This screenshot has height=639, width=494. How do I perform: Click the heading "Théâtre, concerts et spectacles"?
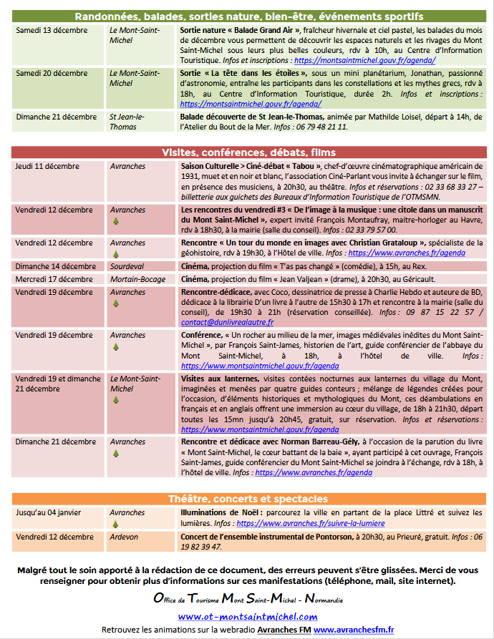pyautogui.click(x=247, y=499)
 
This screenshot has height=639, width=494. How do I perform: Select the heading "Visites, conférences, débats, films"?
pyautogui.click(x=247, y=152)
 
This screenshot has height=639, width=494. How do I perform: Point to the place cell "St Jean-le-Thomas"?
pyautogui.click(x=127, y=122)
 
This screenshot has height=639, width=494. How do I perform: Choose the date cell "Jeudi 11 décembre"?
pyautogui.click(x=47, y=167)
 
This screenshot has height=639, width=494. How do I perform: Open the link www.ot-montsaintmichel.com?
pyautogui.click(x=247, y=616)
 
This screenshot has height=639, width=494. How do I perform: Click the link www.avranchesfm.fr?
pyautogui.click(x=354, y=629)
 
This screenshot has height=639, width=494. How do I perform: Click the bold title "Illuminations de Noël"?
pyautogui.click(x=221, y=513)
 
